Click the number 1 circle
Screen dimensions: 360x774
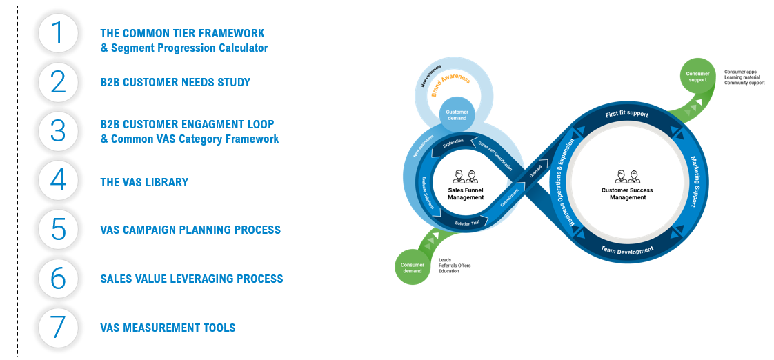[x=58, y=33]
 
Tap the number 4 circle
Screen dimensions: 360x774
[x=58, y=181]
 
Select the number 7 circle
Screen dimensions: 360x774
[x=58, y=328]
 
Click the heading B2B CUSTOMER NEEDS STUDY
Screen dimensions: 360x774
[x=175, y=83]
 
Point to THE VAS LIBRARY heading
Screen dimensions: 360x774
[x=144, y=183]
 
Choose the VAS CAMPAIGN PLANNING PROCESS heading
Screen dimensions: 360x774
[x=190, y=230]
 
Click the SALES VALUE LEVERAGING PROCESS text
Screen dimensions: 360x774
[x=192, y=279]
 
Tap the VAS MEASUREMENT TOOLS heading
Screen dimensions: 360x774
[x=168, y=328]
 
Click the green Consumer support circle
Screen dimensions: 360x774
[x=697, y=76]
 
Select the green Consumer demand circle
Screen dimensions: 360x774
[x=412, y=267]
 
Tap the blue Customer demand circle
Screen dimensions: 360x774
[x=457, y=115]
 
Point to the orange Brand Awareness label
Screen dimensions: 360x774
[x=450, y=88]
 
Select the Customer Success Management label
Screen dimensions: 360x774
[x=627, y=194]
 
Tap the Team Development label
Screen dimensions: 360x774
[x=626, y=250]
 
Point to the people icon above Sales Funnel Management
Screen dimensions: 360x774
[x=466, y=177]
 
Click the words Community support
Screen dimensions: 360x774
[x=744, y=83]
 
